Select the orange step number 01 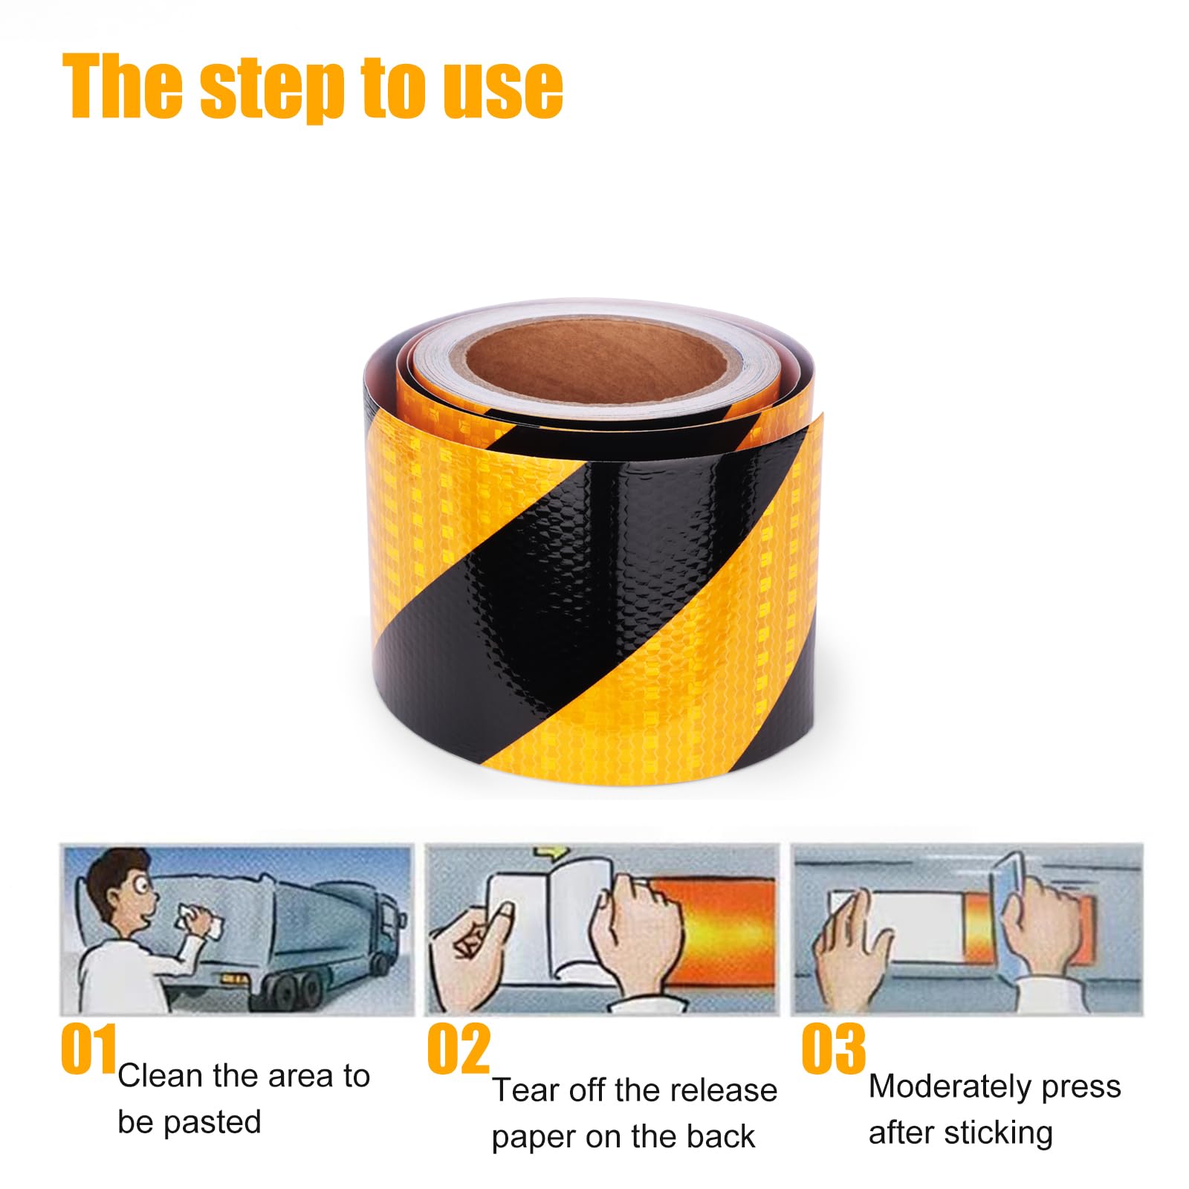click(88, 1049)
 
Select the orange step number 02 click(459, 1049)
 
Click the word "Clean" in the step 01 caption click(160, 1076)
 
